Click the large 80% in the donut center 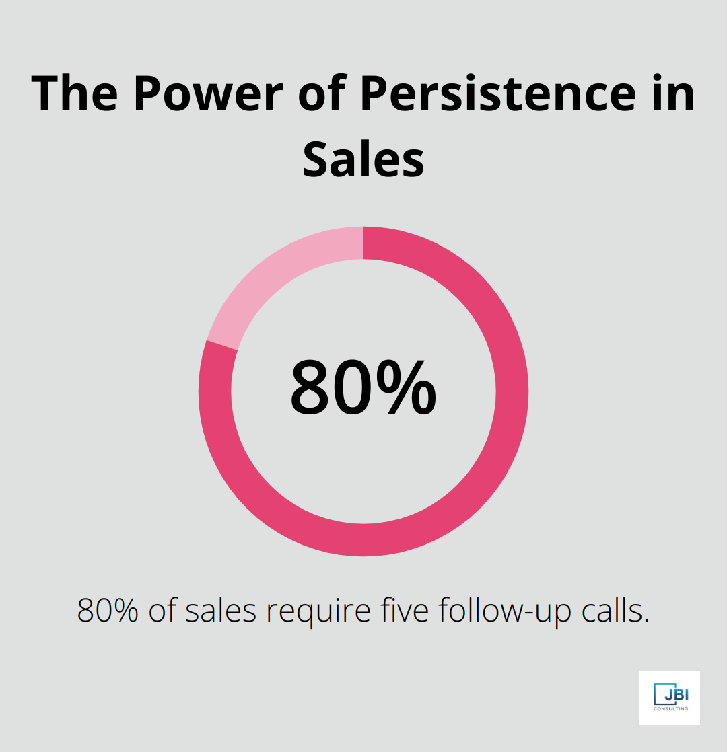point(363,387)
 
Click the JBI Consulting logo point(669,698)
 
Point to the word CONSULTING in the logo point(670,708)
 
